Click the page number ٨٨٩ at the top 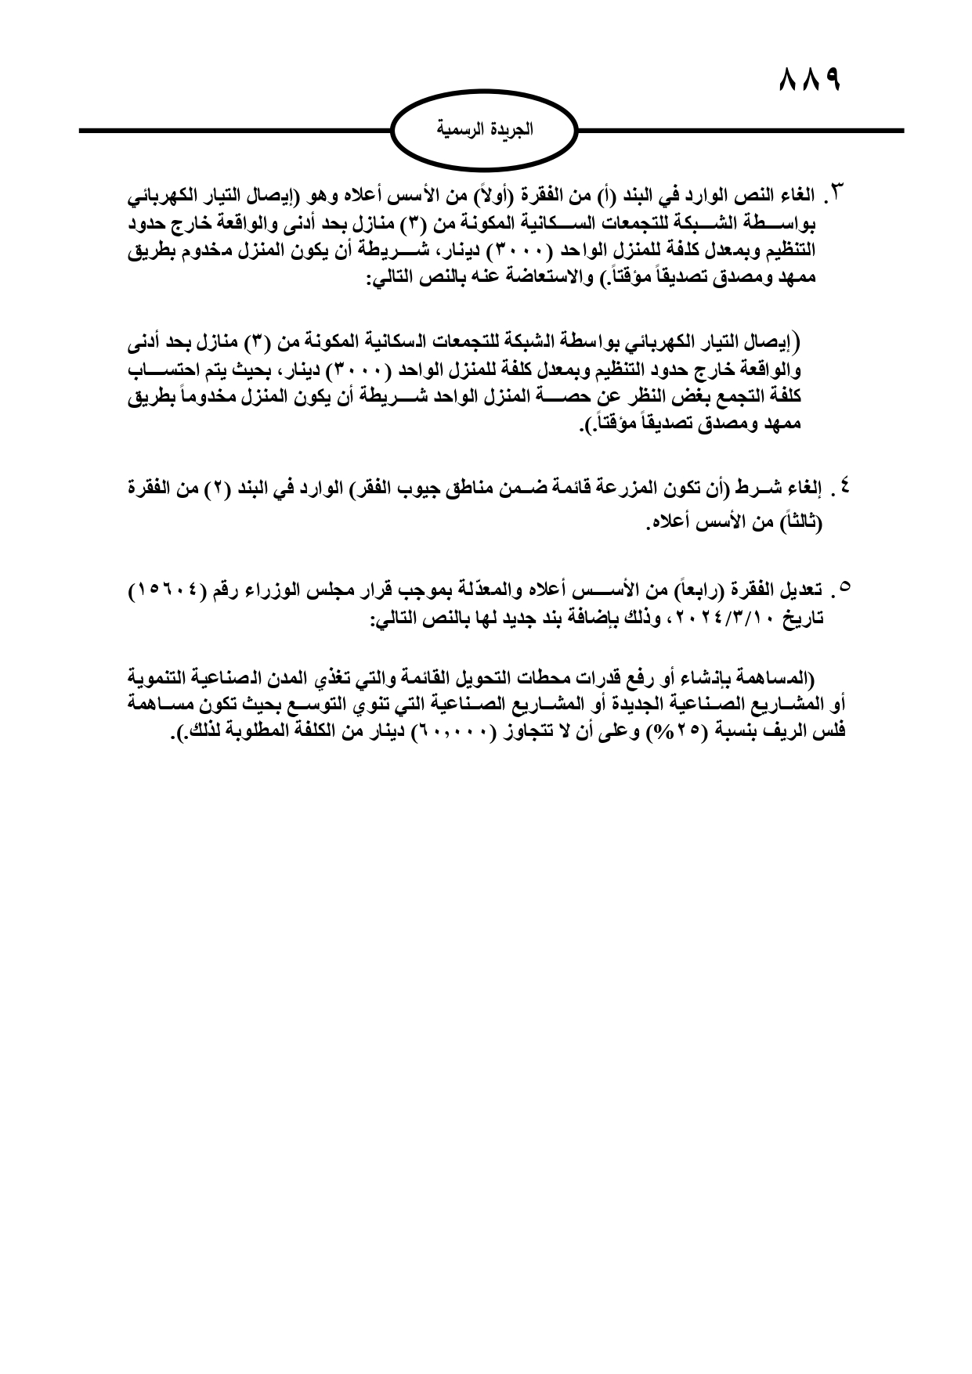tap(810, 80)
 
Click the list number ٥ tap(844, 587)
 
